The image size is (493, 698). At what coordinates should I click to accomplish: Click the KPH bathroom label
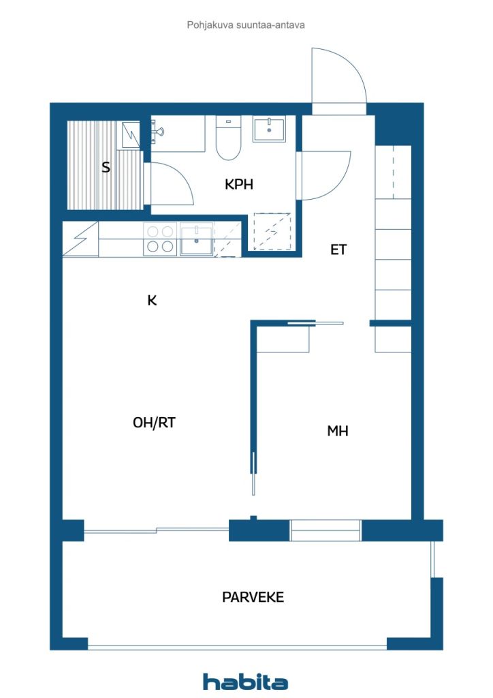[239, 184]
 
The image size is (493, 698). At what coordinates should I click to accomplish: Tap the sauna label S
[106, 168]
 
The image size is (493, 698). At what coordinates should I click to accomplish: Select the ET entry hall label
[338, 249]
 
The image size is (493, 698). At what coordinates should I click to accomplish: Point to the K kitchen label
[152, 301]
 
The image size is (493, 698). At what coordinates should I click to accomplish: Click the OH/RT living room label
[155, 423]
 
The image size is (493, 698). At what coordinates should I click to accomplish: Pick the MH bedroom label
[338, 431]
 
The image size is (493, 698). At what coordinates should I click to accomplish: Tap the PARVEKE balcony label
[253, 597]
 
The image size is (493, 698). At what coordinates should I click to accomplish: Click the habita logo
[245, 682]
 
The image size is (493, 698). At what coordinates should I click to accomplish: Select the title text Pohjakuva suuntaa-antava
[246, 25]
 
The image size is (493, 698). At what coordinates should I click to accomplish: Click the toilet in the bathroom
[229, 138]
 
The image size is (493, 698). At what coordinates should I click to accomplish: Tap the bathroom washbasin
[269, 129]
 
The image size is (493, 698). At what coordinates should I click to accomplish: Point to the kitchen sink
[196, 241]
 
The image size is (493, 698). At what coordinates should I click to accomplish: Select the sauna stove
[131, 135]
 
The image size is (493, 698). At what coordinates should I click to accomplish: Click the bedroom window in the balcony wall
[325, 530]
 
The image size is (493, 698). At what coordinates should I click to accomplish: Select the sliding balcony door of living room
[157, 530]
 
